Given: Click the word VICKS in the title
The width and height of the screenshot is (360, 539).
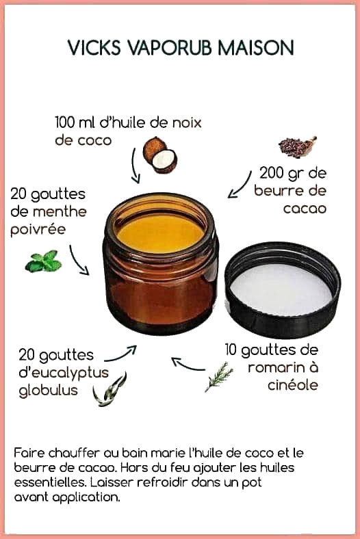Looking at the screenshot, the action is click(x=94, y=47).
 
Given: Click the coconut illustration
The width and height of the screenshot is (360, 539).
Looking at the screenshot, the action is click(x=160, y=155).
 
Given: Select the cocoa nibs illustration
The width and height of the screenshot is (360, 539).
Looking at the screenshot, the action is click(x=298, y=147).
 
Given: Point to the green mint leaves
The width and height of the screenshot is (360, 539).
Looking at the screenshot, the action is click(x=43, y=261).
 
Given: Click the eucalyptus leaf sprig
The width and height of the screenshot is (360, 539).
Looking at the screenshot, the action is click(x=110, y=389).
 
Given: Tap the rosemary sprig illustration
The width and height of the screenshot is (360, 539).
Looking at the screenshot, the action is click(x=219, y=377).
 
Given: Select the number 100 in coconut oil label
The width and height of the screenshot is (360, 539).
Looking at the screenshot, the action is click(x=64, y=122).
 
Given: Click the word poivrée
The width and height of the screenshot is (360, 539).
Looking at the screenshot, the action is click(x=38, y=230).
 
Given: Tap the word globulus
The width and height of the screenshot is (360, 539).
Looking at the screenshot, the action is click(x=48, y=390).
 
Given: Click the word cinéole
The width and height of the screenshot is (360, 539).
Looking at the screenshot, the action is click(x=293, y=385).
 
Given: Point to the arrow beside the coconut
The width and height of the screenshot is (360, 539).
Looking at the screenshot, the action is click(x=135, y=166).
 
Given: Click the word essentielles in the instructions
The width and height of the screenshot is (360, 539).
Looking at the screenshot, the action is click(x=50, y=482).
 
